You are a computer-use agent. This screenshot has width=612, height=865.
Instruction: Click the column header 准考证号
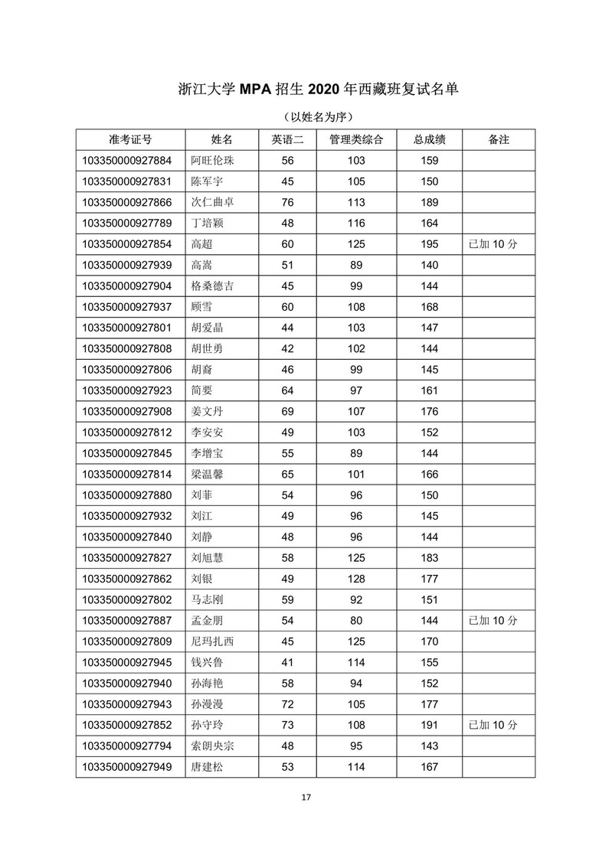pyautogui.click(x=130, y=140)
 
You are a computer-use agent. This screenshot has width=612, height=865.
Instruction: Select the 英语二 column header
pyautogui.click(x=288, y=140)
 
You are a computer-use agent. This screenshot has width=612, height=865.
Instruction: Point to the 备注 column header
pyautogui.click(x=498, y=140)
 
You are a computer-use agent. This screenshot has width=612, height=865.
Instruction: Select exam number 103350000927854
pyautogui.click(x=129, y=244)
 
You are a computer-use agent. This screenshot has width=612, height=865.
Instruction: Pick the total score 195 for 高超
pyautogui.click(x=430, y=244)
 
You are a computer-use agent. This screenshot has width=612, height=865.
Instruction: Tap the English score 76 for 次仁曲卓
pyautogui.click(x=288, y=202)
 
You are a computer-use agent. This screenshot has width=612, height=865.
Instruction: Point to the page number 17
pyautogui.click(x=306, y=798)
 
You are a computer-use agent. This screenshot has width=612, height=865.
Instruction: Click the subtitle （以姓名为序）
pyautogui.click(x=306, y=116)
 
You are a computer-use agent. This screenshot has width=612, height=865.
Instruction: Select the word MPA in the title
pyautogui.click(x=261, y=90)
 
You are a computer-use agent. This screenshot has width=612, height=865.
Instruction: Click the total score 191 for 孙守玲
pyautogui.click(x=430, y=724)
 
